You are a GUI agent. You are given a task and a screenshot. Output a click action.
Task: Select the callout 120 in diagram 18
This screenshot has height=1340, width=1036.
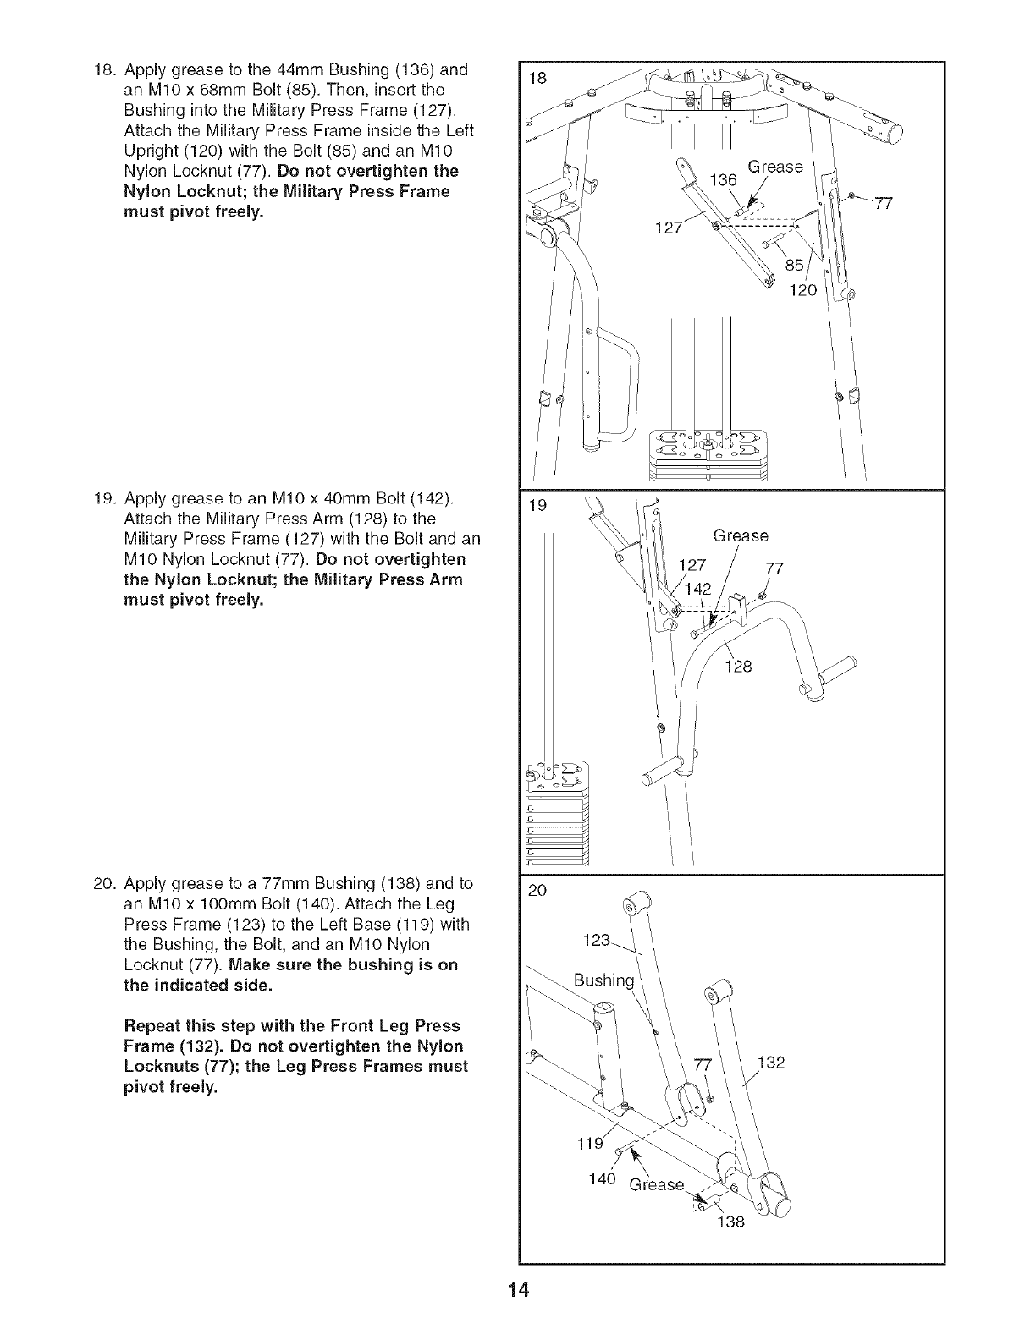tap(801, 291)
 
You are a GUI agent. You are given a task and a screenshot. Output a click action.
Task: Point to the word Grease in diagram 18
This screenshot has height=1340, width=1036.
tap(775, 167)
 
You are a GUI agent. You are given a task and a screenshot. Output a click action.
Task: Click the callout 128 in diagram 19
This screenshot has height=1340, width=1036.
tap(739, 667)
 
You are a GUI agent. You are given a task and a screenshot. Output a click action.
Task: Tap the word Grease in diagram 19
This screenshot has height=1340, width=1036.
tap(741, 535)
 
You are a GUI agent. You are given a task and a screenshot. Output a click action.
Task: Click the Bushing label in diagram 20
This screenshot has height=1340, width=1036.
tap(603, 980)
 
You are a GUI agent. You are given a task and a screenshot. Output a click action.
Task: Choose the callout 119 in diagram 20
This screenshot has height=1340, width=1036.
tap(589, 1145)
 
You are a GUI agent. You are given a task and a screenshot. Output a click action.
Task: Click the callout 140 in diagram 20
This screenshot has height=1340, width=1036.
tap(601, 1180)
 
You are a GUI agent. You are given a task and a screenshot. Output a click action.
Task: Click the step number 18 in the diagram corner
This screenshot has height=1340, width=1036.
tap(536, 78)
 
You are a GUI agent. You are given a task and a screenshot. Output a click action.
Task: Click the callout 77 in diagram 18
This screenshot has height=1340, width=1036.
tap(883, 204)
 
